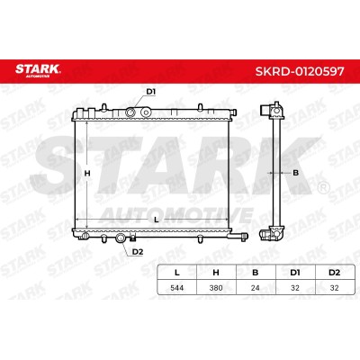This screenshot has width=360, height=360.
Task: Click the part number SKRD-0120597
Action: click(x=300, y=71)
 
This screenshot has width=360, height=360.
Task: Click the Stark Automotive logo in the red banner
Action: click(x=38, y=70)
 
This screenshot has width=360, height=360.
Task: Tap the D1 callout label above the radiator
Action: click(x=150, y=92)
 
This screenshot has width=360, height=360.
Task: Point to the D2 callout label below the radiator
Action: click(x=138, y=252)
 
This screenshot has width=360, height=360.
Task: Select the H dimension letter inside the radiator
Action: click(x=87, y=174)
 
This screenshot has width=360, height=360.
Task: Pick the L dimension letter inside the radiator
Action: click(x=156, y=220)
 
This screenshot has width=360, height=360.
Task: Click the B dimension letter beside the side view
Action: click(x=295, y=173)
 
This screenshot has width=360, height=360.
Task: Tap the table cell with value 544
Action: click(x=177, y=288)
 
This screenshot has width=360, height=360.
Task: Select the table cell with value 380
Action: click(x=216, y=288)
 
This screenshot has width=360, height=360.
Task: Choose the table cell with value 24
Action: click(x=256, y=288)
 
